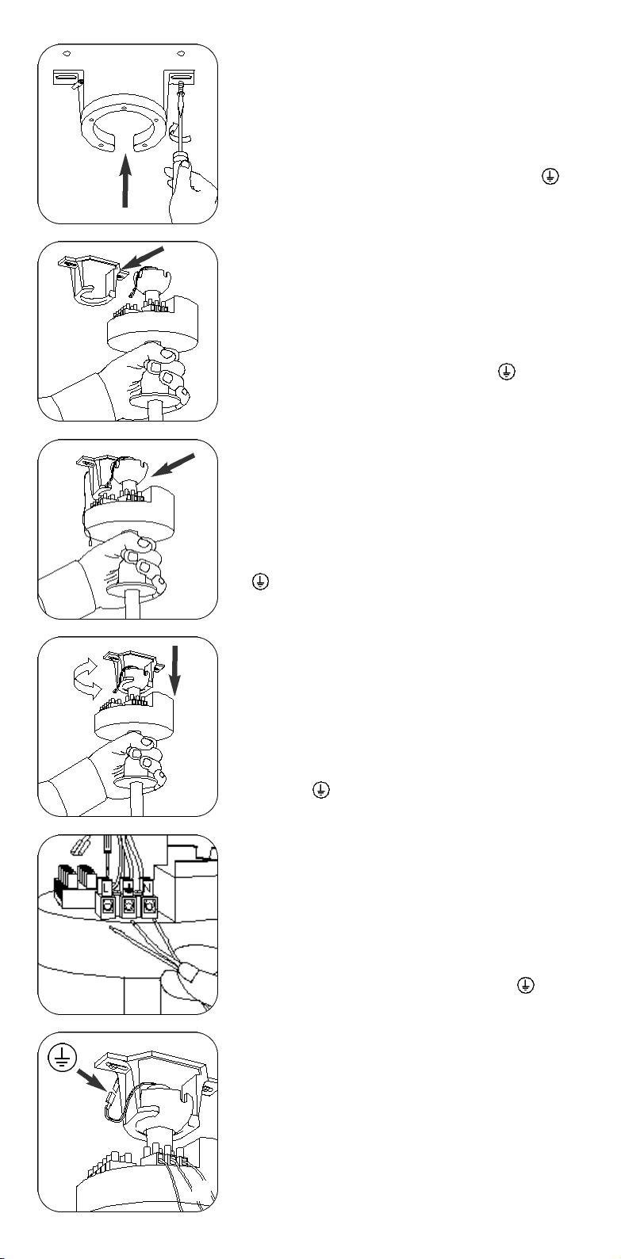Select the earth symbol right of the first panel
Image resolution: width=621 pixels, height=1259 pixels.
coord(547,180)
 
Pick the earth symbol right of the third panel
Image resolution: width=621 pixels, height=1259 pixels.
coord(258,582)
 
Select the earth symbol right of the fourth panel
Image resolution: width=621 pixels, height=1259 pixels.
coord(321,790)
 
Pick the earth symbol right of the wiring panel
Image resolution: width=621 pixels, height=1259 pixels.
coord(524,983)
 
